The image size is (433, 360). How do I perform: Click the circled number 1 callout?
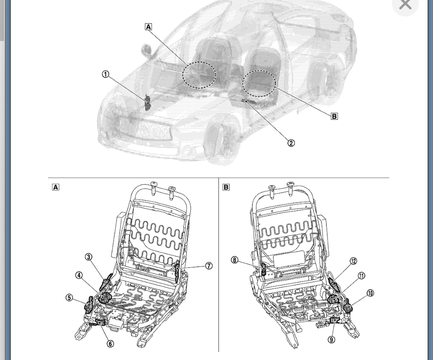106,74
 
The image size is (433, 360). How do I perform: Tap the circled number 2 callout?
291,143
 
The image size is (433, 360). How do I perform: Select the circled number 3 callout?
88,257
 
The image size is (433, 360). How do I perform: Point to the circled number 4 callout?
79,275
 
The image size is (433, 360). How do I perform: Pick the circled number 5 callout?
69,298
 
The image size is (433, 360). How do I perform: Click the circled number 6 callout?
110,344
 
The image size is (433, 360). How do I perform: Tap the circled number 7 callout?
209,266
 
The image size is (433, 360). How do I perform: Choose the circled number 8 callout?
234,260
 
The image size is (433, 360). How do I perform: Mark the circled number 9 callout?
331,340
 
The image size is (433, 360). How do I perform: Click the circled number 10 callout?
371,293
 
